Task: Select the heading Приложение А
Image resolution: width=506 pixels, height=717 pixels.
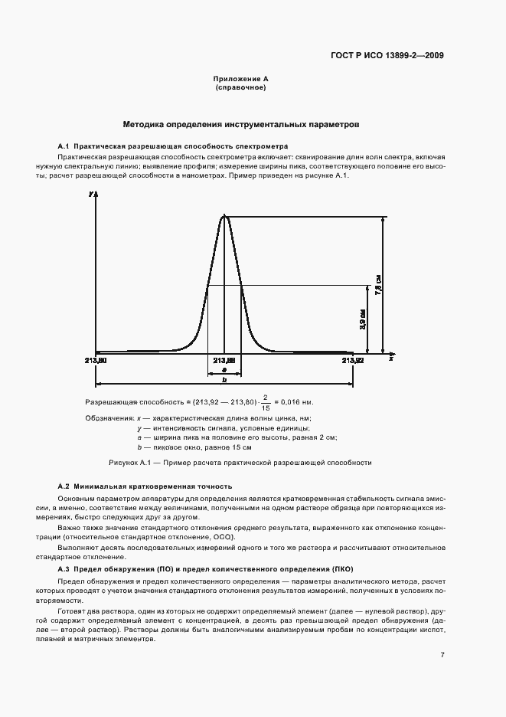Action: (240, 80)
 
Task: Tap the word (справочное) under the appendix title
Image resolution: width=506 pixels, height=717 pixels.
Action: (240, 88)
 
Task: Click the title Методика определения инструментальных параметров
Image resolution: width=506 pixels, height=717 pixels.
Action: (241, 123)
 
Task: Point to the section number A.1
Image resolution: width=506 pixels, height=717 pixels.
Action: (64, 146)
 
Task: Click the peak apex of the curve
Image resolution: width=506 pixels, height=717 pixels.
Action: (224, 216)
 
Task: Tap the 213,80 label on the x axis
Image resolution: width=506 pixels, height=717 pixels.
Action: (96, 359)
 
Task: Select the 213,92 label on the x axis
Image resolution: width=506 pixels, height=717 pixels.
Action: (353, 359)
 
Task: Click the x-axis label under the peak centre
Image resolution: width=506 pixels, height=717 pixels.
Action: (224, 359)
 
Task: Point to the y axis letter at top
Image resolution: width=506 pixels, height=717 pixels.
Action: (91, 195)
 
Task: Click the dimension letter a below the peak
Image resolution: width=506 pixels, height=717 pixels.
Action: (224, 369)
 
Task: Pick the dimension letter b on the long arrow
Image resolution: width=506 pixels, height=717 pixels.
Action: (224, 380)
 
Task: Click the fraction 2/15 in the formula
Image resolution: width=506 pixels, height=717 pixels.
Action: (265, 402)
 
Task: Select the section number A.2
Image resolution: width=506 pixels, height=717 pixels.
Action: (64, 486)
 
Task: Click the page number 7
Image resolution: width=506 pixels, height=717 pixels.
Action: (442, 654)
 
